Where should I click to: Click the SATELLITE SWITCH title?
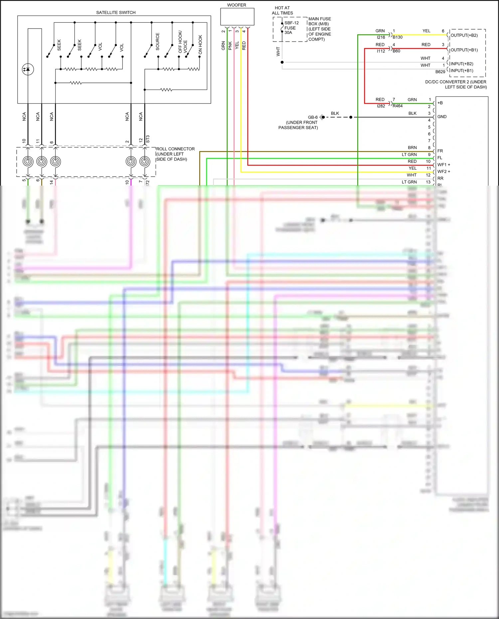tap(116, 13)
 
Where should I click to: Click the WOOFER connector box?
tap(237, 17)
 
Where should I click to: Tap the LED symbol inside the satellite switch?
tap(28, 69)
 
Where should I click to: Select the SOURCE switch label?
tap(158, 42)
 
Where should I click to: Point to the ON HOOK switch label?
tap(200, 45)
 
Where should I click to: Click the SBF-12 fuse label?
tap(291, 23)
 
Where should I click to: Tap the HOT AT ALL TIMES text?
tap(282, 10)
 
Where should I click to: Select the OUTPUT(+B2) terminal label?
tap(464, 35)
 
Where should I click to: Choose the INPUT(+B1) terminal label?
tap(462, 71)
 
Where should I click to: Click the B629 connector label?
tap(440, 72)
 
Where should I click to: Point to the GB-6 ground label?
tap(313, 117)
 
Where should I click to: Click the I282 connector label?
tap(381, 106)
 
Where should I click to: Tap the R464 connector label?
tap(398, 106)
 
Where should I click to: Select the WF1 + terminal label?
tap(444, 165)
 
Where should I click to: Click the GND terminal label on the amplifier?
tap(442, 117)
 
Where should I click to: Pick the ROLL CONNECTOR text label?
tap(175, 149)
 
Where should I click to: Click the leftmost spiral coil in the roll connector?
tap(28, 161)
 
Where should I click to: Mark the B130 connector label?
tap(398, 37)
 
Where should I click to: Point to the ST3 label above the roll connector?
tap(148, 139)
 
